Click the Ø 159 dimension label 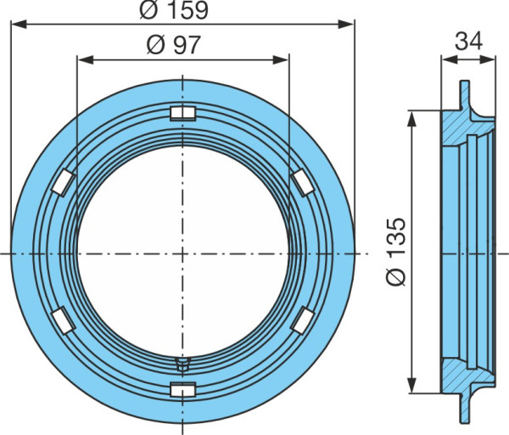click(x=174, y=10)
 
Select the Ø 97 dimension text click(x=174, y=45)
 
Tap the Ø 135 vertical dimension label click(x=396, y=252)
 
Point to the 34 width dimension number click(x=469, y=42)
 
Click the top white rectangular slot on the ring click(x=183, y=114)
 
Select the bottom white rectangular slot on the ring click(x=183, y=389)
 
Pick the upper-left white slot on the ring click(x=64, y=182)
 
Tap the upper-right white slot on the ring click(x=303, y=182)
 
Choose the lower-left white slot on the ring click(x=64, y=321)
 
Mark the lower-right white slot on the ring click(x=303, y=321)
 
